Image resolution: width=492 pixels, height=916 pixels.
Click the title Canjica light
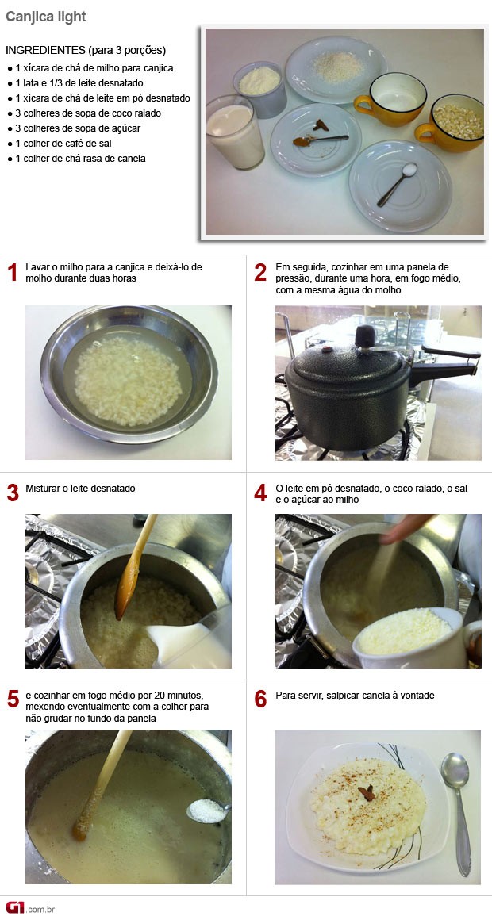45,17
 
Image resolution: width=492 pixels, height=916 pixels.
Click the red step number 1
12,273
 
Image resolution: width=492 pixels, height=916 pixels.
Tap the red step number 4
260,493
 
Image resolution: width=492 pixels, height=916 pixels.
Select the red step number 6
260,699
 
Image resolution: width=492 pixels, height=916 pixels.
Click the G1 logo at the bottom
15,906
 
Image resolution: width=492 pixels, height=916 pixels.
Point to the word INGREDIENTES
45,50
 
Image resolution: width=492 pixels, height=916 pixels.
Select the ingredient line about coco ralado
84,113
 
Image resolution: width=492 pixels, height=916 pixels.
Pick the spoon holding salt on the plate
398,183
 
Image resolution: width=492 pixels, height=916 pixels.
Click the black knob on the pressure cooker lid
365,336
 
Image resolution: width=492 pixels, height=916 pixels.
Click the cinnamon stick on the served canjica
367,792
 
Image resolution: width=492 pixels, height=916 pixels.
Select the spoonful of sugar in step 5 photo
208,811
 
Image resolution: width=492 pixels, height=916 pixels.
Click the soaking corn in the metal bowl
128,381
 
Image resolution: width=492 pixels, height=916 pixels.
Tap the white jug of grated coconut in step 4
416,638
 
